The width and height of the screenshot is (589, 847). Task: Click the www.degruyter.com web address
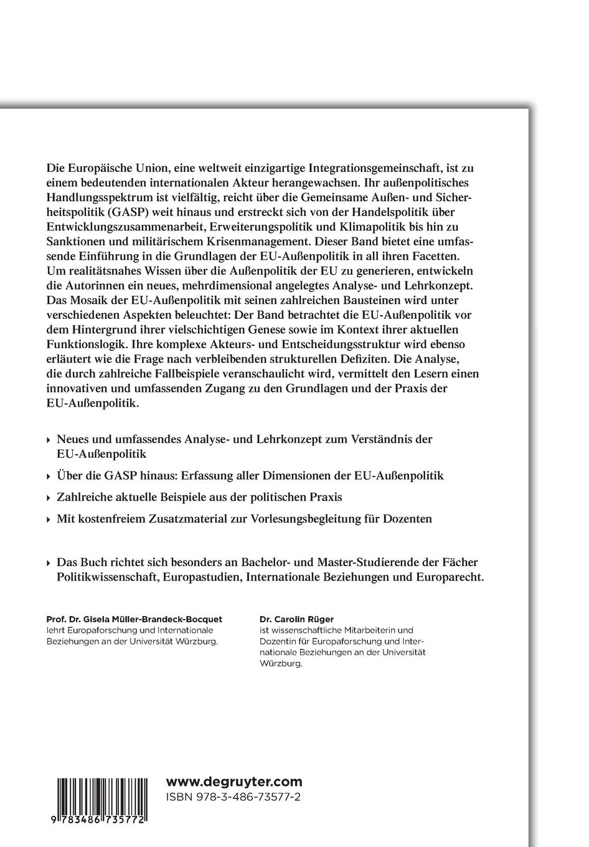point(234,782)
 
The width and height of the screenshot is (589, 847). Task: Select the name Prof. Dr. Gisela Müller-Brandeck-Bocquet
point(134,619)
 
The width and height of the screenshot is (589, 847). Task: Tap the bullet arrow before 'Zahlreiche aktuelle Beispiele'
point(49,498)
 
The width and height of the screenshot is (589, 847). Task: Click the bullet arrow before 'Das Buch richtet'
point(49,563)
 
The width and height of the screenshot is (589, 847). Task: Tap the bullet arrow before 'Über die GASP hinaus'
point(49,476)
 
